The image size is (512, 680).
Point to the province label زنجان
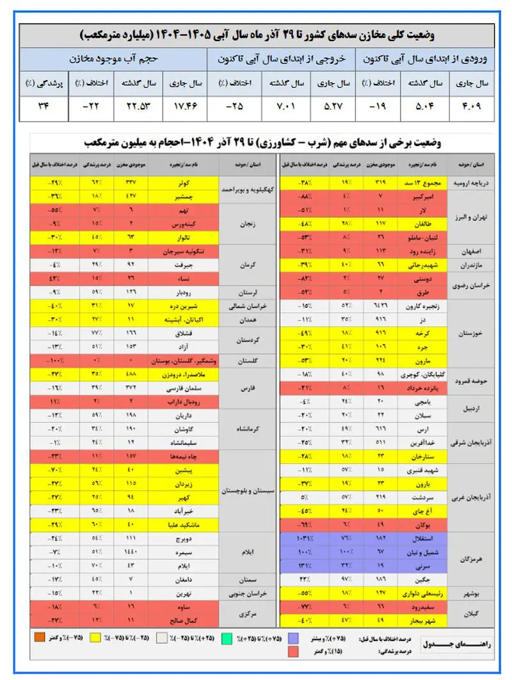(x=246, y=225)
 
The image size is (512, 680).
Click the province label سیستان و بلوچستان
(x=246, y=492)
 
